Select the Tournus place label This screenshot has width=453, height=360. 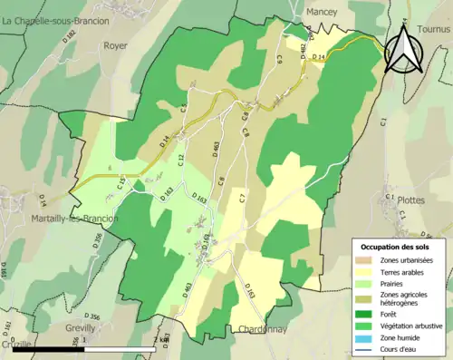(432, 29)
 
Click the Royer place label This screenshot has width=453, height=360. (115, 44)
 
